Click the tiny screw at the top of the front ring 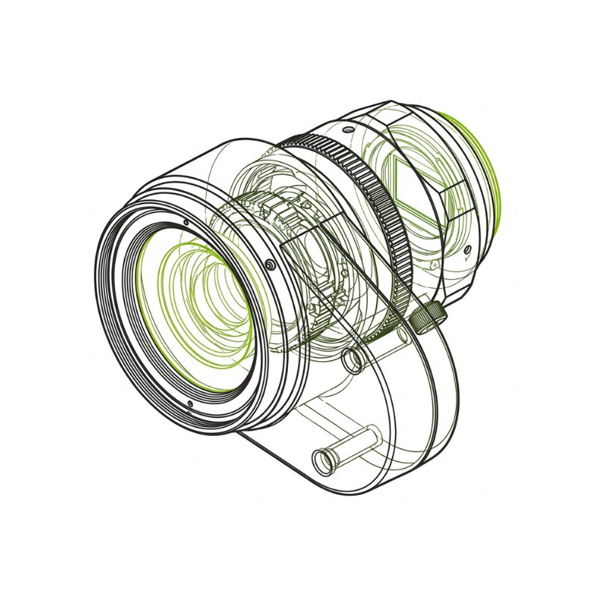tap(185, 222)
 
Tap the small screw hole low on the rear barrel tap(466, 249)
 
